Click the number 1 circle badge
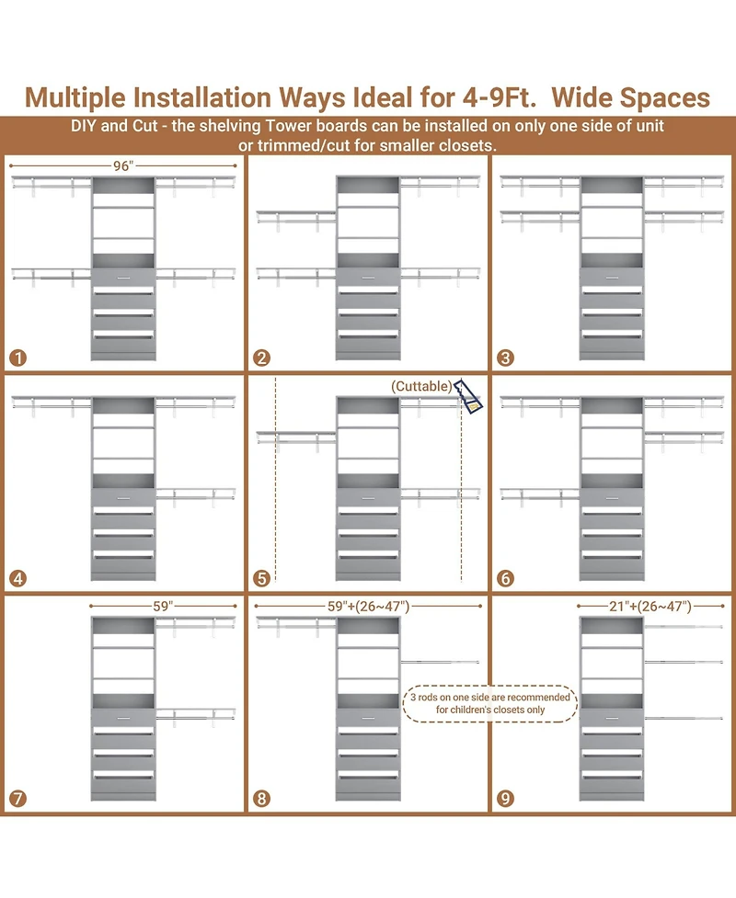(17, 358)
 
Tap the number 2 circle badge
(261, 358)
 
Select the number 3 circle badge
(505, 358)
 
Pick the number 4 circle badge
(17, 578)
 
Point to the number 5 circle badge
(261, 578)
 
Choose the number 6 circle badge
(505, 578)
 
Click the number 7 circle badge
(17, 799)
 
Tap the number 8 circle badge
(261, 799)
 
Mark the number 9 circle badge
(505, 799)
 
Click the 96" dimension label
(123, 166)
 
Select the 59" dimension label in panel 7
(163, 606)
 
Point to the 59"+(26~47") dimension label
(368, 606)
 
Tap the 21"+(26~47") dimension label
(650, 606)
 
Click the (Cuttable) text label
(421, 386)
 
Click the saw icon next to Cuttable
(468, 396)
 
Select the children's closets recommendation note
(490, 703)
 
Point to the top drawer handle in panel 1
(123, 278)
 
